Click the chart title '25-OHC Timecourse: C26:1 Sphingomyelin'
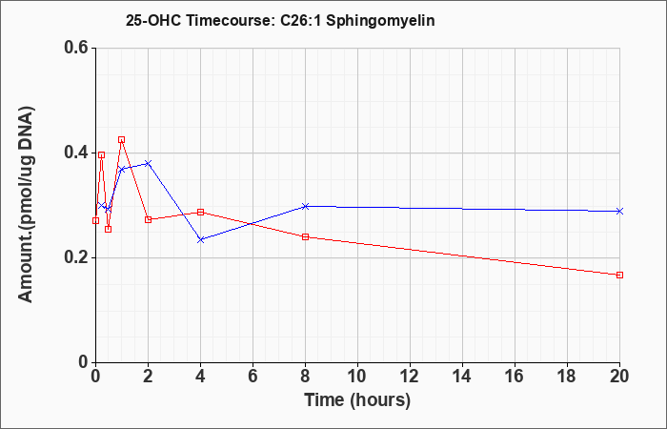(280, 20)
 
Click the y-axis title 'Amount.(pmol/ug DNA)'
(26, 205)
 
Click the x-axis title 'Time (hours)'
(357, 400)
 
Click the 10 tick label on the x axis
(357, 377)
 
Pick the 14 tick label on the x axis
(462, 377)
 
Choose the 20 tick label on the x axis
(619, 377)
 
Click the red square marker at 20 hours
(619, 275)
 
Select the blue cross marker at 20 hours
(619, 211)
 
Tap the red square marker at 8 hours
(305, 236)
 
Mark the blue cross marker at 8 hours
(305, 207)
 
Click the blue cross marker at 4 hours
(201, 240)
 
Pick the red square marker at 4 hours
(201, 212)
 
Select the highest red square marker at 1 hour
(122, 139)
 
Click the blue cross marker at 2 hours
(148, 163)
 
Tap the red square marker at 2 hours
(148, 219)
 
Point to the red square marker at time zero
(95, 220)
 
